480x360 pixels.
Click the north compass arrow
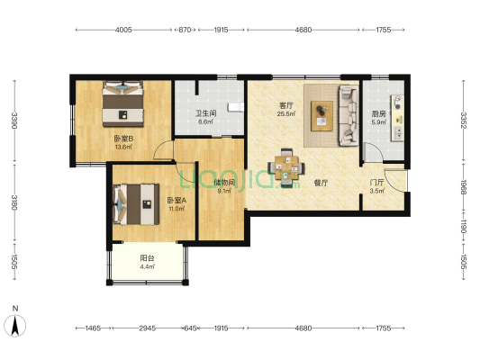point(15,326)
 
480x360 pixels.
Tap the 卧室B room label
point(123,139)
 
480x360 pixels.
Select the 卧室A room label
point(177,201)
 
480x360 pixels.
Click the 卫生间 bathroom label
point(206,113)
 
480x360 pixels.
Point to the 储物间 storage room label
point(224,183)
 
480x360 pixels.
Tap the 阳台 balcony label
point(148,258)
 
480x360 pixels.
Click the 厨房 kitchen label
point(378,114)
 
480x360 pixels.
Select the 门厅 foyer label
point(376,183)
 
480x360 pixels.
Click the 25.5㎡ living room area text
point(285,114)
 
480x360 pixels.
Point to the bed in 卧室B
point(122,103)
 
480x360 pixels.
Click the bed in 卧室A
point(136,204)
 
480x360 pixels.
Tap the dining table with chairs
point(286,167)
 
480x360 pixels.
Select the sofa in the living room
point(349,115)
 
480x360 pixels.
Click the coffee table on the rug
point(322,116)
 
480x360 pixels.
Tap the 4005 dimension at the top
point(123,30)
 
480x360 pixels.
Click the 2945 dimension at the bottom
point(148,328)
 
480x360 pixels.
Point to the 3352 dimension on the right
point(464,121)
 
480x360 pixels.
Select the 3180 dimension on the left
point(14,202)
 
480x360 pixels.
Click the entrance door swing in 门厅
point(396,181)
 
